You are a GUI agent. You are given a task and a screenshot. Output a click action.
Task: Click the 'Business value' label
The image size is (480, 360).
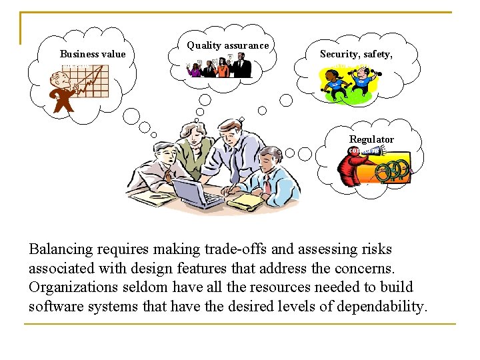coord(93,54)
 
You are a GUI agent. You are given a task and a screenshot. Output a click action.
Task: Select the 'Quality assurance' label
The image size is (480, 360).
coord(227,45)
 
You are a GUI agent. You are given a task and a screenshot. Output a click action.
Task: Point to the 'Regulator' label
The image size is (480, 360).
coord(371,139)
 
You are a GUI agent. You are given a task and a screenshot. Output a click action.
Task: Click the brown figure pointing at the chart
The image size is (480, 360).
coord(65,93)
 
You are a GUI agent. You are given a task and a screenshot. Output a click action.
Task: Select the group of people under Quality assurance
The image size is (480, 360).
coord(220,66)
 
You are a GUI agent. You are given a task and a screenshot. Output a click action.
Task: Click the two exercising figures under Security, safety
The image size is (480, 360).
coord(347,85)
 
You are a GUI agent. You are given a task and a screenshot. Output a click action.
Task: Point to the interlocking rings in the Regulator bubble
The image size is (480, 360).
coord(393,171)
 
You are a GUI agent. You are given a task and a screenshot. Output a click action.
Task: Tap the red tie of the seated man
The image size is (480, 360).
coord(267,183)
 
